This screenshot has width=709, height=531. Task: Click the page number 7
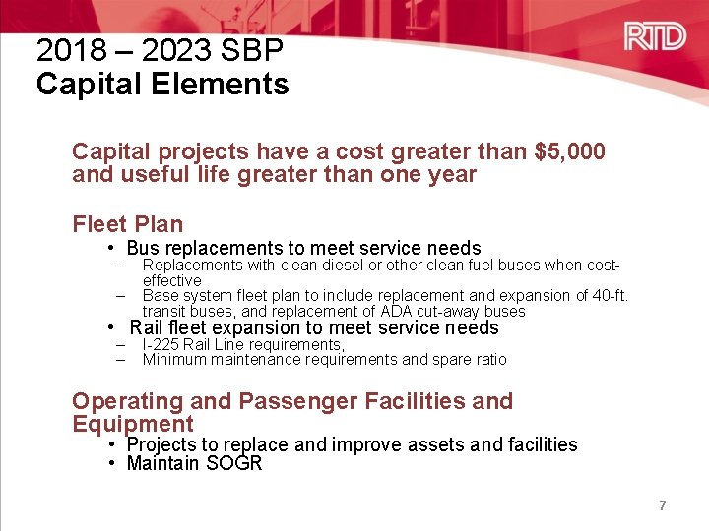(663, 505)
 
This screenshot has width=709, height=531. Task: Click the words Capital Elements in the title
(162, 85)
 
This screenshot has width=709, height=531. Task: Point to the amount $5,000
(569, 151)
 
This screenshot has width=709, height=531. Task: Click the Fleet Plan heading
(128, 224)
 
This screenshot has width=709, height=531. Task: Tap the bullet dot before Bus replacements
(113, 248)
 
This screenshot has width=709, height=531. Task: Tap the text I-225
(161, 344)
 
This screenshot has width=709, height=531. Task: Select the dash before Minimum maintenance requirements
(120, 359)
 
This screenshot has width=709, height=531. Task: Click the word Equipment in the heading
(133, 424)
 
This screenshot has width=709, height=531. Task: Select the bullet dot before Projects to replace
(113, 444)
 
